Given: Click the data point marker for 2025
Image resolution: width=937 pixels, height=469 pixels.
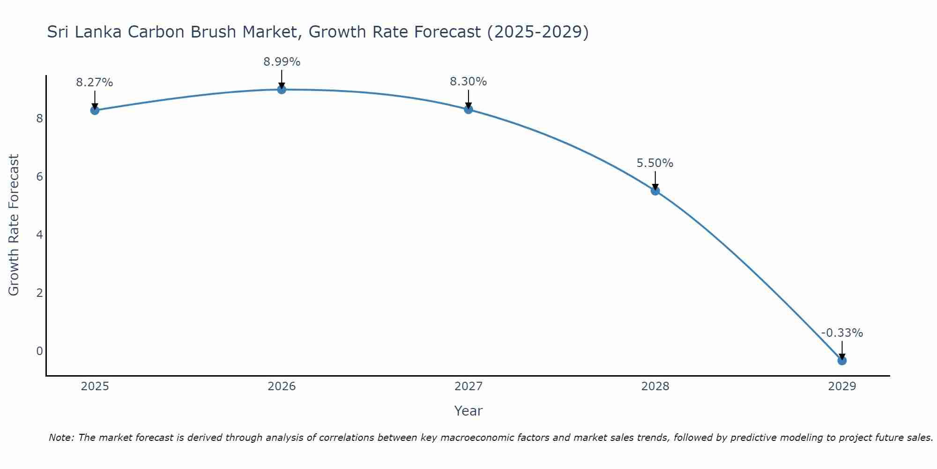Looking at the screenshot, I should pos(95,110).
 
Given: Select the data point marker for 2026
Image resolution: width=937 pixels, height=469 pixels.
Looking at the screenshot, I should pos(282,90).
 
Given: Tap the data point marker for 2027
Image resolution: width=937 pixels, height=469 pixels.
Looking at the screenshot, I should pos(468,109).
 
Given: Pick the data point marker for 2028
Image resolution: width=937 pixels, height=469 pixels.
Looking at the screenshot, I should pos(655,190).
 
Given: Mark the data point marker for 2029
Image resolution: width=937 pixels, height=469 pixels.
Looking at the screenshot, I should pos(842,360).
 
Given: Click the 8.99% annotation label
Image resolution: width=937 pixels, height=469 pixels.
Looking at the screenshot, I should pos(282,62).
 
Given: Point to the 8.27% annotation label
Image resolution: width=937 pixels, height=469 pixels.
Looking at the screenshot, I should pos(95,83).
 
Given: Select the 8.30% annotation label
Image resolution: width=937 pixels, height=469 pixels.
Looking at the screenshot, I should pos(468,82).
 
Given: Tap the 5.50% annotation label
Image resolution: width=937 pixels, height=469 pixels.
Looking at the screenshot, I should pos(655,163).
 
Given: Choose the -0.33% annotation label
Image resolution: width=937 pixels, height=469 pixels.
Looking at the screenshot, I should pos(842,333).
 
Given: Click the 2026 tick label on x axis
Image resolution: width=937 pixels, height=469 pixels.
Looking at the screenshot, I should pos(282,386).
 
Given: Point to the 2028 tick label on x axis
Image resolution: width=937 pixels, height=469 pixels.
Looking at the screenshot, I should pos(655,386).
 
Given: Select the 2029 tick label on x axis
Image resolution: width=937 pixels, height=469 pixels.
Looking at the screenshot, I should pos(842,386).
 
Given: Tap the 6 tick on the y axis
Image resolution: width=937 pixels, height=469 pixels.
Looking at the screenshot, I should pos(39,177).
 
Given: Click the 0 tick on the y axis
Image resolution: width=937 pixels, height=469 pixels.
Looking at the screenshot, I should pos(39,351).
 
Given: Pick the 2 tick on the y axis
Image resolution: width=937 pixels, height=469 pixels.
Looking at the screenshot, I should pos(39,293).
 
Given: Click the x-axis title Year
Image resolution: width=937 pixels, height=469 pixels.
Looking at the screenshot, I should pos(468,411).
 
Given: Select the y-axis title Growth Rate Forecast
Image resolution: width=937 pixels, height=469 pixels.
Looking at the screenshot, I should pos(14,225).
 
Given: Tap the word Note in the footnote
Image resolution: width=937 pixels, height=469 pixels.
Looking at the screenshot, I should pos(61,438).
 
